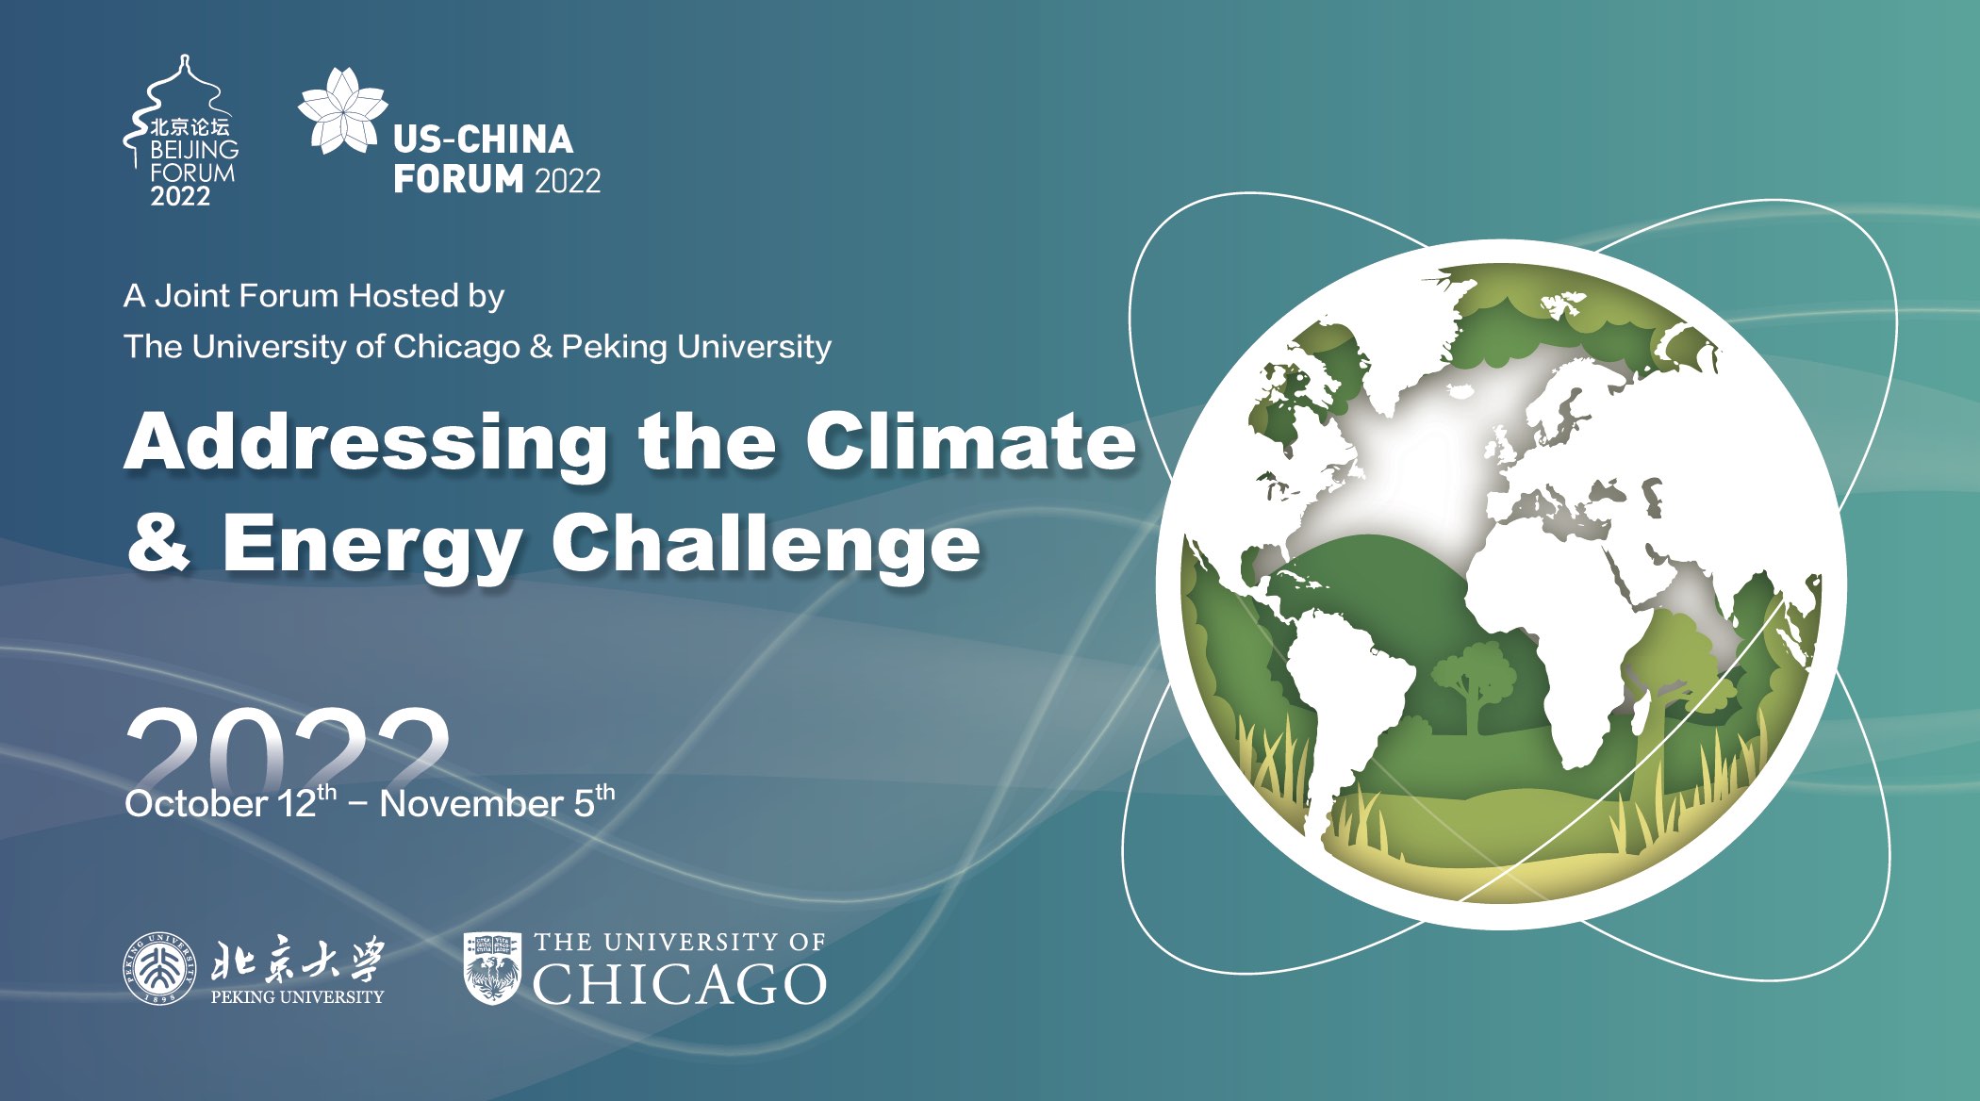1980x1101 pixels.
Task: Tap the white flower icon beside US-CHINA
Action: coord(342,110)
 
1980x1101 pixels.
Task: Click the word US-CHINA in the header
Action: coord(483,140)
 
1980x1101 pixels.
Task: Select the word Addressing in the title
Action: coord(366,443)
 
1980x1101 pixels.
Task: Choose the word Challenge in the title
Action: coord(766,545)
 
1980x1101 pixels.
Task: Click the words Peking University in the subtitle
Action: coord(697,347)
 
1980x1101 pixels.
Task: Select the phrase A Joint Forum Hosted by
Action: coord(314,296)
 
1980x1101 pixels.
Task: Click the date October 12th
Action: coord(230,802)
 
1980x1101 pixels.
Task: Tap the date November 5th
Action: coord(497,802)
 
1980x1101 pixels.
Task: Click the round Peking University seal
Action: coord(160,968)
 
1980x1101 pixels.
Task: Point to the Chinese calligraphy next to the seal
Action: coord(298,960)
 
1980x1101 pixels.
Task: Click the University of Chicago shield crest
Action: coord(492,968)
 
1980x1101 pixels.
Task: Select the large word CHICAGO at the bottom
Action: coord(679,984)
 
